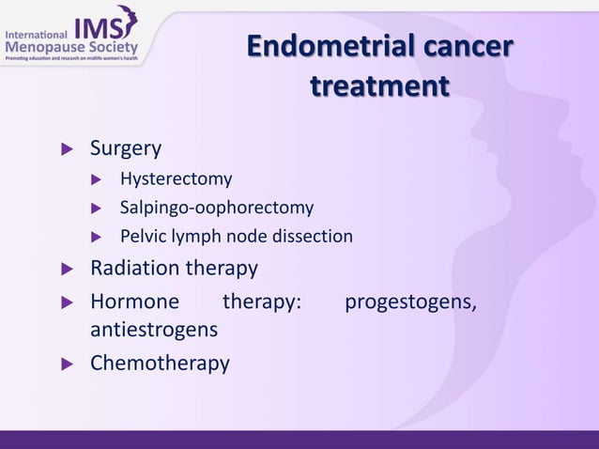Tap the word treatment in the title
pyautogui.click(x=379, y=86)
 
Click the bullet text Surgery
pyautogui.click(x=126, y=148)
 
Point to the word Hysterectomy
pyautogui.click(x=176, y=178)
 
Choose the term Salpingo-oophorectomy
pyautogui.click(x=217, y=207)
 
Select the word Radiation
pyautogui.click(x=133, y=269)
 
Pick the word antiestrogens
pyautogui.click(x=154, y=331)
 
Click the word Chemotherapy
pyautogui.click(x=160, y=363)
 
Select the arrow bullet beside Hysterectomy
pyautogui.click(x=95, y=179)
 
